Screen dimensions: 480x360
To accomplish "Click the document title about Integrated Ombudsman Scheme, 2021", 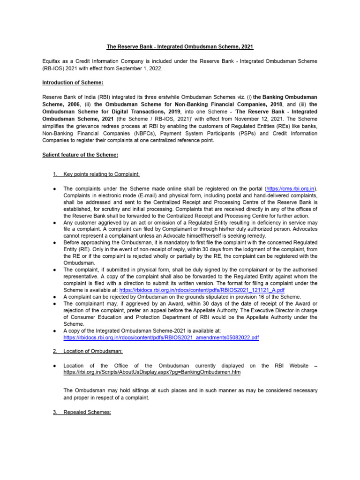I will pyautogui.click(x=180, y=47).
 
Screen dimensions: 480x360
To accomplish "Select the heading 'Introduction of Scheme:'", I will pyautogui.click(x=73, y=82).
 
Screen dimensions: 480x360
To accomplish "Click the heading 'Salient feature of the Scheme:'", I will pyautogui.click(x=80, y=155).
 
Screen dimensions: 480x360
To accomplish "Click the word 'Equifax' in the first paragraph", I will pyautogui.click(x=52, y=61).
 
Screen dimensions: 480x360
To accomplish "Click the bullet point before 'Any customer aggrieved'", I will pyautogui.click(x=55, y=222).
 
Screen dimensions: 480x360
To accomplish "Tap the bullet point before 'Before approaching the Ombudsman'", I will pyautogui.click(x=55, y=243).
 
